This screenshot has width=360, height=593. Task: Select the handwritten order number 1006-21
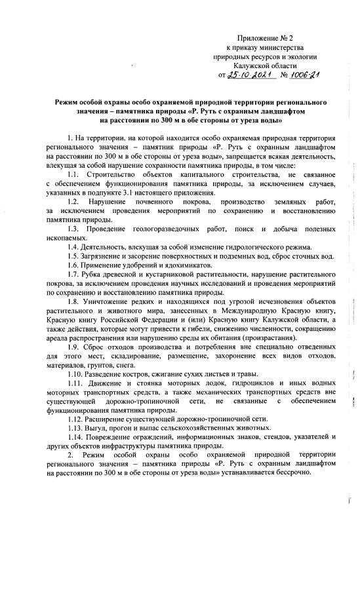pos(300,75)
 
